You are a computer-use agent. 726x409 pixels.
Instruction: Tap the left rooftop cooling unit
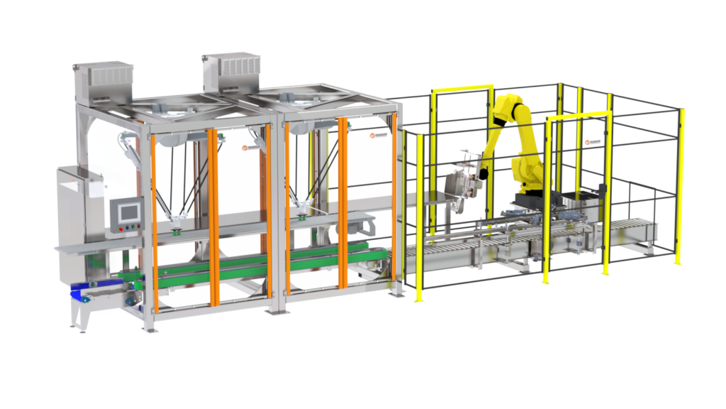point(104,79)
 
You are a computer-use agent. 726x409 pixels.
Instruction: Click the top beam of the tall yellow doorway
point(462,88)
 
